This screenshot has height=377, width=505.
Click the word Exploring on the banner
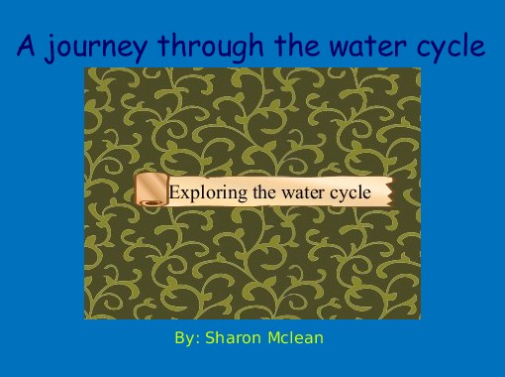(204, 192)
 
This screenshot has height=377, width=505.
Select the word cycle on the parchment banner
(350, 192)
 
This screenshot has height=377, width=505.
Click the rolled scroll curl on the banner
(151, 190)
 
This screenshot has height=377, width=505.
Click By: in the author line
(187, 338)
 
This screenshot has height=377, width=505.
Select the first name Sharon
(235, 338)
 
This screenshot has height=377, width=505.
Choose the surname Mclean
(296, 338)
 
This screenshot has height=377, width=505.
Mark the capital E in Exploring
(174, 191)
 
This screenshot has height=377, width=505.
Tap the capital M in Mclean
(274, 338)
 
